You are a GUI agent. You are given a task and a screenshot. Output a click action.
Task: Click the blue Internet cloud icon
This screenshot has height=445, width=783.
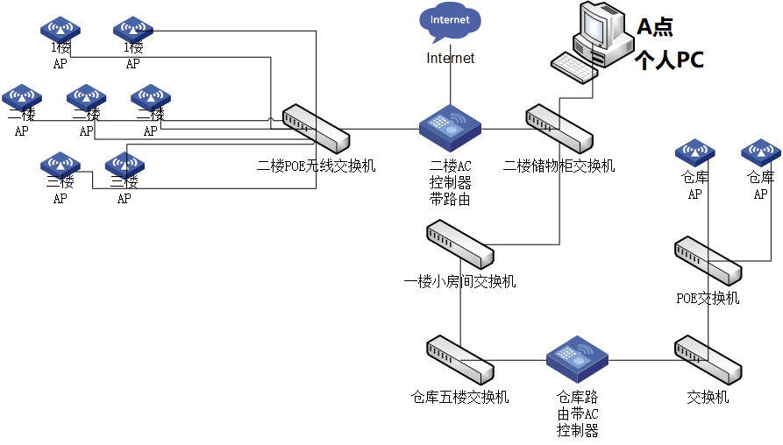450,21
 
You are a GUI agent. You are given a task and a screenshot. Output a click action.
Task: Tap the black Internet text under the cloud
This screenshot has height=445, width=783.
450,59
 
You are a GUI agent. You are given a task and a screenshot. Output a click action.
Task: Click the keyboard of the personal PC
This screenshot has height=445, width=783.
574,67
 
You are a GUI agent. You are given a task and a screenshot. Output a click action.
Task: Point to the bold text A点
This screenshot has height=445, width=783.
655,27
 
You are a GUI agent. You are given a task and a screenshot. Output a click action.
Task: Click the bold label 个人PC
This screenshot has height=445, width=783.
669,60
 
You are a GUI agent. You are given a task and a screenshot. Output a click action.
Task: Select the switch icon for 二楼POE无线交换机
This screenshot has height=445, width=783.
316,128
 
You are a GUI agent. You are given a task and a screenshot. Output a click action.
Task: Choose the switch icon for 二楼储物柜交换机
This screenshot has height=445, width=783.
559,129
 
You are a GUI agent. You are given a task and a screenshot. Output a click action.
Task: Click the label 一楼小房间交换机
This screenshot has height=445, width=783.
459,282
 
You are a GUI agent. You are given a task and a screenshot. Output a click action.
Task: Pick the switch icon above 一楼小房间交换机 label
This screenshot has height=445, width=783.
459,245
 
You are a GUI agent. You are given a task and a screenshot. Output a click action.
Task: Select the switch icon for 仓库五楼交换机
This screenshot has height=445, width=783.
459,360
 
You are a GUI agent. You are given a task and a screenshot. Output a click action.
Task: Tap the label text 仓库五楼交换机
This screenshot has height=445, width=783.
459,398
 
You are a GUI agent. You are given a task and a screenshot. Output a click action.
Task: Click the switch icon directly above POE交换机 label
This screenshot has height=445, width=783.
708,260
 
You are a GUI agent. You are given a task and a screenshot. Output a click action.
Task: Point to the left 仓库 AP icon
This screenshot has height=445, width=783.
695,152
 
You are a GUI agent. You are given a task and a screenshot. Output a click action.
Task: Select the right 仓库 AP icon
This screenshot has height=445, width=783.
761,152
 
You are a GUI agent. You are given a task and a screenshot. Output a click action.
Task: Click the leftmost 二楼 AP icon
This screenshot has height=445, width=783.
22,96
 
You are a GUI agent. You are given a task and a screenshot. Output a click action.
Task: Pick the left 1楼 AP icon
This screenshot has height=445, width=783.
60,29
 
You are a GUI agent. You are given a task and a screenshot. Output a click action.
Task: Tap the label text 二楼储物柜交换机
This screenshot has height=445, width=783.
559,166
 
